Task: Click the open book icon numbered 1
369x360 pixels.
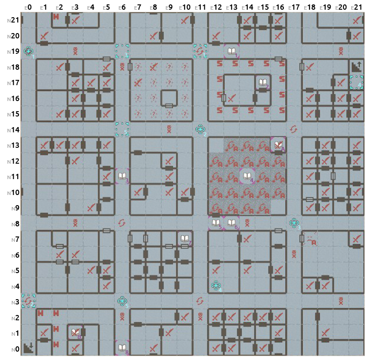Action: [x=231, y=51]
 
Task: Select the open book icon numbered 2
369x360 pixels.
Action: [x=262, y=82]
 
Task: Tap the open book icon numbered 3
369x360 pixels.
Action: [x=122, y=176]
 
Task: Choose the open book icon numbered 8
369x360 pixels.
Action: [x=122, y=348]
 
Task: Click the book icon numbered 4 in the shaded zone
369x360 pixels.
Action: [x=247, y=176]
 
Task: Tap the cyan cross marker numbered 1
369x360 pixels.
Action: [x=29, y=51]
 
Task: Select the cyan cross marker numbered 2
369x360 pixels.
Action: [x=200, y=129]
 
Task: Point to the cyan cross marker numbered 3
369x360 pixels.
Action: [x=294, y=223]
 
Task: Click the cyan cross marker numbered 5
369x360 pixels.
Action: [x=122, y=301]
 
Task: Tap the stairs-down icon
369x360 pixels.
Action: [x=29, y=348]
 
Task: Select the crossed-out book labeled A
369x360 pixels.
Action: [x=278, y=145]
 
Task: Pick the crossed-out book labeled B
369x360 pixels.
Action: [x=75, y=332]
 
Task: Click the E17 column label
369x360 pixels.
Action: [x=294, y=7]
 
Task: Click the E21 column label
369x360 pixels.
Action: [x=357, y=7]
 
